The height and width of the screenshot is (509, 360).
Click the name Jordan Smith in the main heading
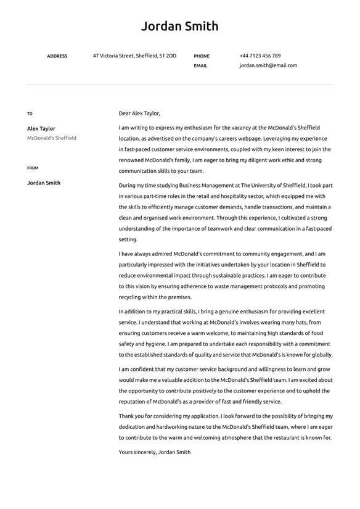179,26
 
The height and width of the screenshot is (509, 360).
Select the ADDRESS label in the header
57,56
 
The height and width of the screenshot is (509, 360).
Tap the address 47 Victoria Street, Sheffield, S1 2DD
134,56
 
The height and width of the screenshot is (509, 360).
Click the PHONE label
202,56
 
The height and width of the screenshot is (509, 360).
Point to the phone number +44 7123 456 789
260,56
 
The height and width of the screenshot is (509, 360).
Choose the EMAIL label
200,65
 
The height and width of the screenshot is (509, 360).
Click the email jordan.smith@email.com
268,65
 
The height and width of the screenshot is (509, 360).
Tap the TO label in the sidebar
30,114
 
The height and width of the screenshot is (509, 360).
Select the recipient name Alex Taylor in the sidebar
41,128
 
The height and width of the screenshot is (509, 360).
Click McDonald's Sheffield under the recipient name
52,138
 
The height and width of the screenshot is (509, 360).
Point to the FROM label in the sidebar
33,168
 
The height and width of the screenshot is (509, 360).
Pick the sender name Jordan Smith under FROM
44,183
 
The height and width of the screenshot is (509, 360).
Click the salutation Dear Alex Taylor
139,114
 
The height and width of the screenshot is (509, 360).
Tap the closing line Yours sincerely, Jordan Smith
155,452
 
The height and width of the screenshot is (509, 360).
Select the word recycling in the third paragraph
131,297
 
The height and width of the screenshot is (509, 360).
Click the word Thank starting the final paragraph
126,416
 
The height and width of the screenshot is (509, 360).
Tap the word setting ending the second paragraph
128,239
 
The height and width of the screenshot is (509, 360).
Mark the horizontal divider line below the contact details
179,85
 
